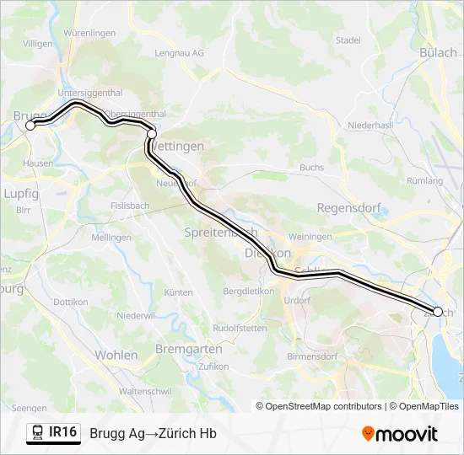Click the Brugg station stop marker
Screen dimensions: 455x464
click(x=30, y=126)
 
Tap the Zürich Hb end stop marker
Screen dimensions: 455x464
click(x=437, y=312)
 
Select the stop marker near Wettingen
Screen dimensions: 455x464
click(x=152, y=133)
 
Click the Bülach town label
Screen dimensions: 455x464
click(x=438, y=52)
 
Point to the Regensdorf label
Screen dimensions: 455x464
click(x=348, y=208)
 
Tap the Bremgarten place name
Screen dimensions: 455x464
click(x=189, y=349)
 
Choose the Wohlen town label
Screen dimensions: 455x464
click(x=116, y=356)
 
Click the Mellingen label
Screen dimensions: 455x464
click(x=111, y=238)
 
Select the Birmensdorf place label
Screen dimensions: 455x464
click(x=313, y=356)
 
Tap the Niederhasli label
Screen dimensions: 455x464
click(x=370, y=126)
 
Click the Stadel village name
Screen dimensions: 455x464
click(x=348, y=40)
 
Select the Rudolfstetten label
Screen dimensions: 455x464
click(x=239, y=327)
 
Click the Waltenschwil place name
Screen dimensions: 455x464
click(x=147, y=392)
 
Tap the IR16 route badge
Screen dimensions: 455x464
click(x=63, y=432)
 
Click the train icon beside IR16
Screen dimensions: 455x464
click(x=38, y=433)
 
